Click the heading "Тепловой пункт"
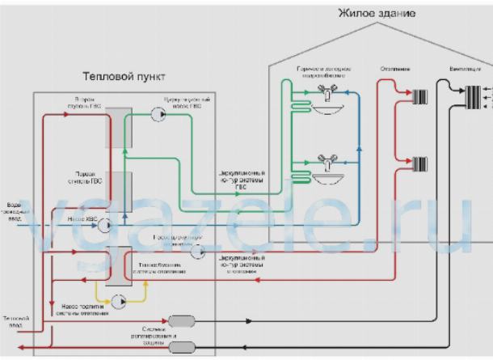[124, 77]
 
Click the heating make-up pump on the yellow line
[118, 301]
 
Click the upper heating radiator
[419, 99]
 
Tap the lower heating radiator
[419, 165]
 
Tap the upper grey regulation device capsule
[178, 322]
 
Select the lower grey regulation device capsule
[178, 346]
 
